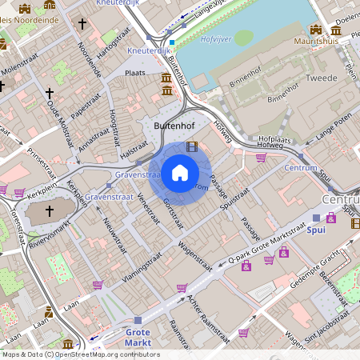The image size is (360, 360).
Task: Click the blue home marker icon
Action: pyautogui.click(x=180, y=173)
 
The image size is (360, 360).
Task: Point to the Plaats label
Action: pyautogui.click(x=135, y=72)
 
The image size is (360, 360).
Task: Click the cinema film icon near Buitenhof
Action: pyautogui.click(x=190, y=146)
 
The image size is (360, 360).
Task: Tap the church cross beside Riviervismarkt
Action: pyautogui.click(x=49, y=210)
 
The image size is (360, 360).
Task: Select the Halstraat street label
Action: pyautogui.click(x=133, y=140)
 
